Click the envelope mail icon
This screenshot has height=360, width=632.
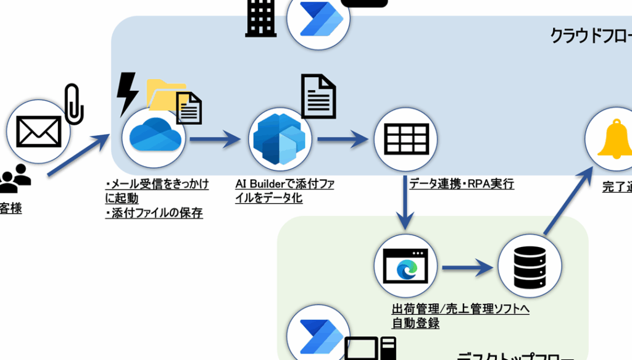[38, 132]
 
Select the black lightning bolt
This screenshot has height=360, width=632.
[127, 93]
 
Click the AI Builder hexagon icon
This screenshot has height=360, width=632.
[280, 139]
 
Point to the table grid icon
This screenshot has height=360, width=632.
[405, 140]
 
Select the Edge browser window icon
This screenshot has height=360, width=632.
[405, 266]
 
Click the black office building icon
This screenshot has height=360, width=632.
[260, 19]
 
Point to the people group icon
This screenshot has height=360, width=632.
[15, 180]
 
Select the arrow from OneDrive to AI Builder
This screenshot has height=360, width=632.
[214, 139]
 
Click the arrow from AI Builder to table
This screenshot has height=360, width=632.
[342, 139]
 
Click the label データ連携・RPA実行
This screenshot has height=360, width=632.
[461, 183]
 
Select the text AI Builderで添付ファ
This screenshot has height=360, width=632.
[285, 184]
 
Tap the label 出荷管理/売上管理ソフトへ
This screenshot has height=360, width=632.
[460, 308]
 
